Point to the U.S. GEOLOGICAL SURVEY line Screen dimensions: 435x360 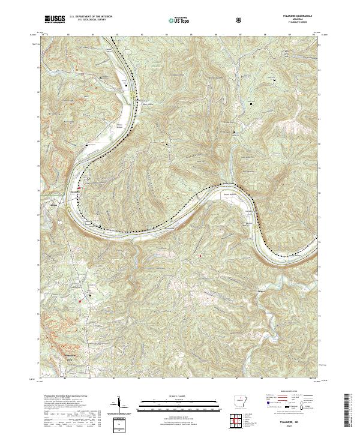pyautogui.click(x=86, y=20)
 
